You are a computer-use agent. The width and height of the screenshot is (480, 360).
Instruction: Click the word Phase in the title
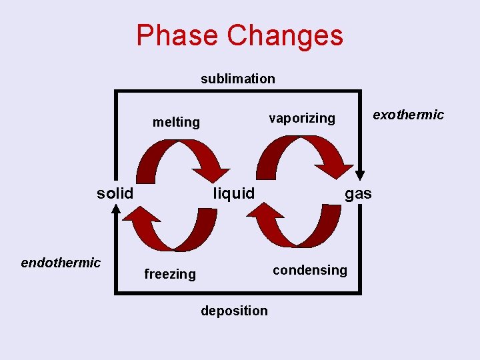(x=177, y=35)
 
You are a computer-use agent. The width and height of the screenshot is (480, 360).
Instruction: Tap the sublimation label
(x=238, y=79)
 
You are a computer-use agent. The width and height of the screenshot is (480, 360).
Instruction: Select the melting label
(x=176, y=122)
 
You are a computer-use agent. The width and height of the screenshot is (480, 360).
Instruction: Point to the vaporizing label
(x=302, y=118)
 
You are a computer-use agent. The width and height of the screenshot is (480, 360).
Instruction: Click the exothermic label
(x=408, y=115)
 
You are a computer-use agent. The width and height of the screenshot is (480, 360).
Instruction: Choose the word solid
(x=115, y=193)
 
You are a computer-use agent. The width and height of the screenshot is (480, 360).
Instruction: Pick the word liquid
(x=233, y=193)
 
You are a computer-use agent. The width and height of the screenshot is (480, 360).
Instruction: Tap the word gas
(x=358, y=193)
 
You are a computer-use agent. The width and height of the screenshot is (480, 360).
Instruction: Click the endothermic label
(x=61, y=263)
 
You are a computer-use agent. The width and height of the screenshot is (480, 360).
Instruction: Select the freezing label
(x=170, y=274)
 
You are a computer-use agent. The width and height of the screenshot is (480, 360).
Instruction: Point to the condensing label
(x=310, y=270)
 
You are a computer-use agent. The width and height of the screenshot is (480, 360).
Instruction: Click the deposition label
(x=234, y=311)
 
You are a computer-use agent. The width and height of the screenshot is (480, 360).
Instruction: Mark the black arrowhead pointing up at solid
(x=116, y=209)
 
